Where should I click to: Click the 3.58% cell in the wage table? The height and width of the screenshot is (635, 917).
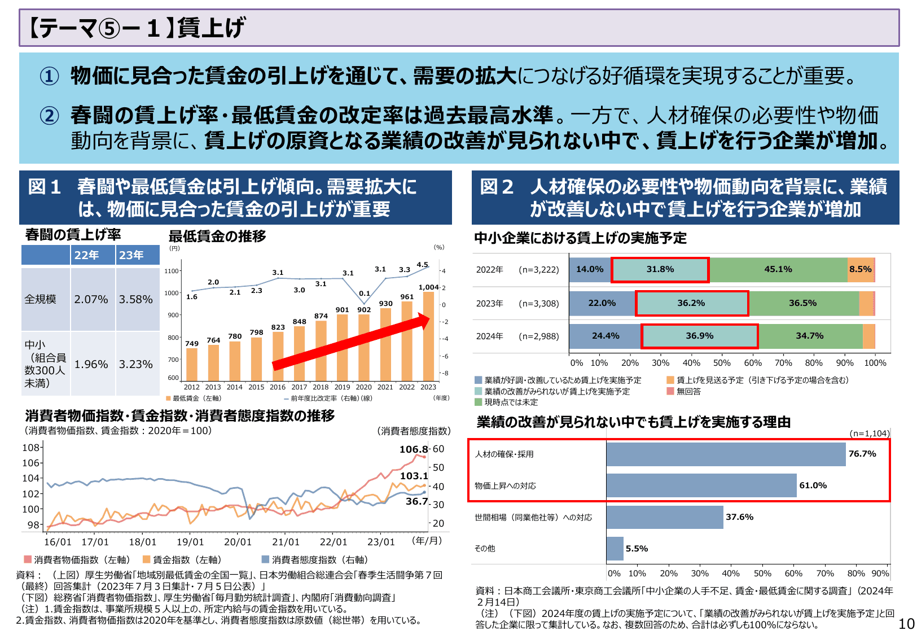(x=135, y=299)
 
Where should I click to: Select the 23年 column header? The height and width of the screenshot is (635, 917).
(x=131, y=255)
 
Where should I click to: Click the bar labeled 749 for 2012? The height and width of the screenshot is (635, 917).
(x=192, y=364)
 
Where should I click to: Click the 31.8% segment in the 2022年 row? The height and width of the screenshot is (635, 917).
(x=660, y=270)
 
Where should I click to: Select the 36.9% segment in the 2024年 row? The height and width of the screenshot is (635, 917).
(x=700, y=336)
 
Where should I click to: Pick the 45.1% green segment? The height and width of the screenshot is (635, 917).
(x=778, y=270)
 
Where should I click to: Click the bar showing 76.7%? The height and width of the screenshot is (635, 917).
(x=726, y=454)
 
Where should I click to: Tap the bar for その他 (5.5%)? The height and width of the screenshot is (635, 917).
(x=615, y=549)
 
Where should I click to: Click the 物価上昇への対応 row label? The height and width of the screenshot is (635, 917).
(x=505, y=486)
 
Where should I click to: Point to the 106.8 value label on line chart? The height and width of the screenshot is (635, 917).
(x=413, y=449)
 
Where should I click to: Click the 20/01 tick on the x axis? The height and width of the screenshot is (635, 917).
(x=238, y=542)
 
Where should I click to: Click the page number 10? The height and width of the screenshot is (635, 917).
(x=906, y=624)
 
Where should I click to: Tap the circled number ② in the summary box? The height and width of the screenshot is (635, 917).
(x=49, y=116)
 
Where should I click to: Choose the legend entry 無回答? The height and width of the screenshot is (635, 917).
(x=688, y=391)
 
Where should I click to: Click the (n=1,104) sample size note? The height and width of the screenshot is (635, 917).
(x=869, y=433)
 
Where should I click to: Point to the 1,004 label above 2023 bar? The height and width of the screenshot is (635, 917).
(x=428, y=287)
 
